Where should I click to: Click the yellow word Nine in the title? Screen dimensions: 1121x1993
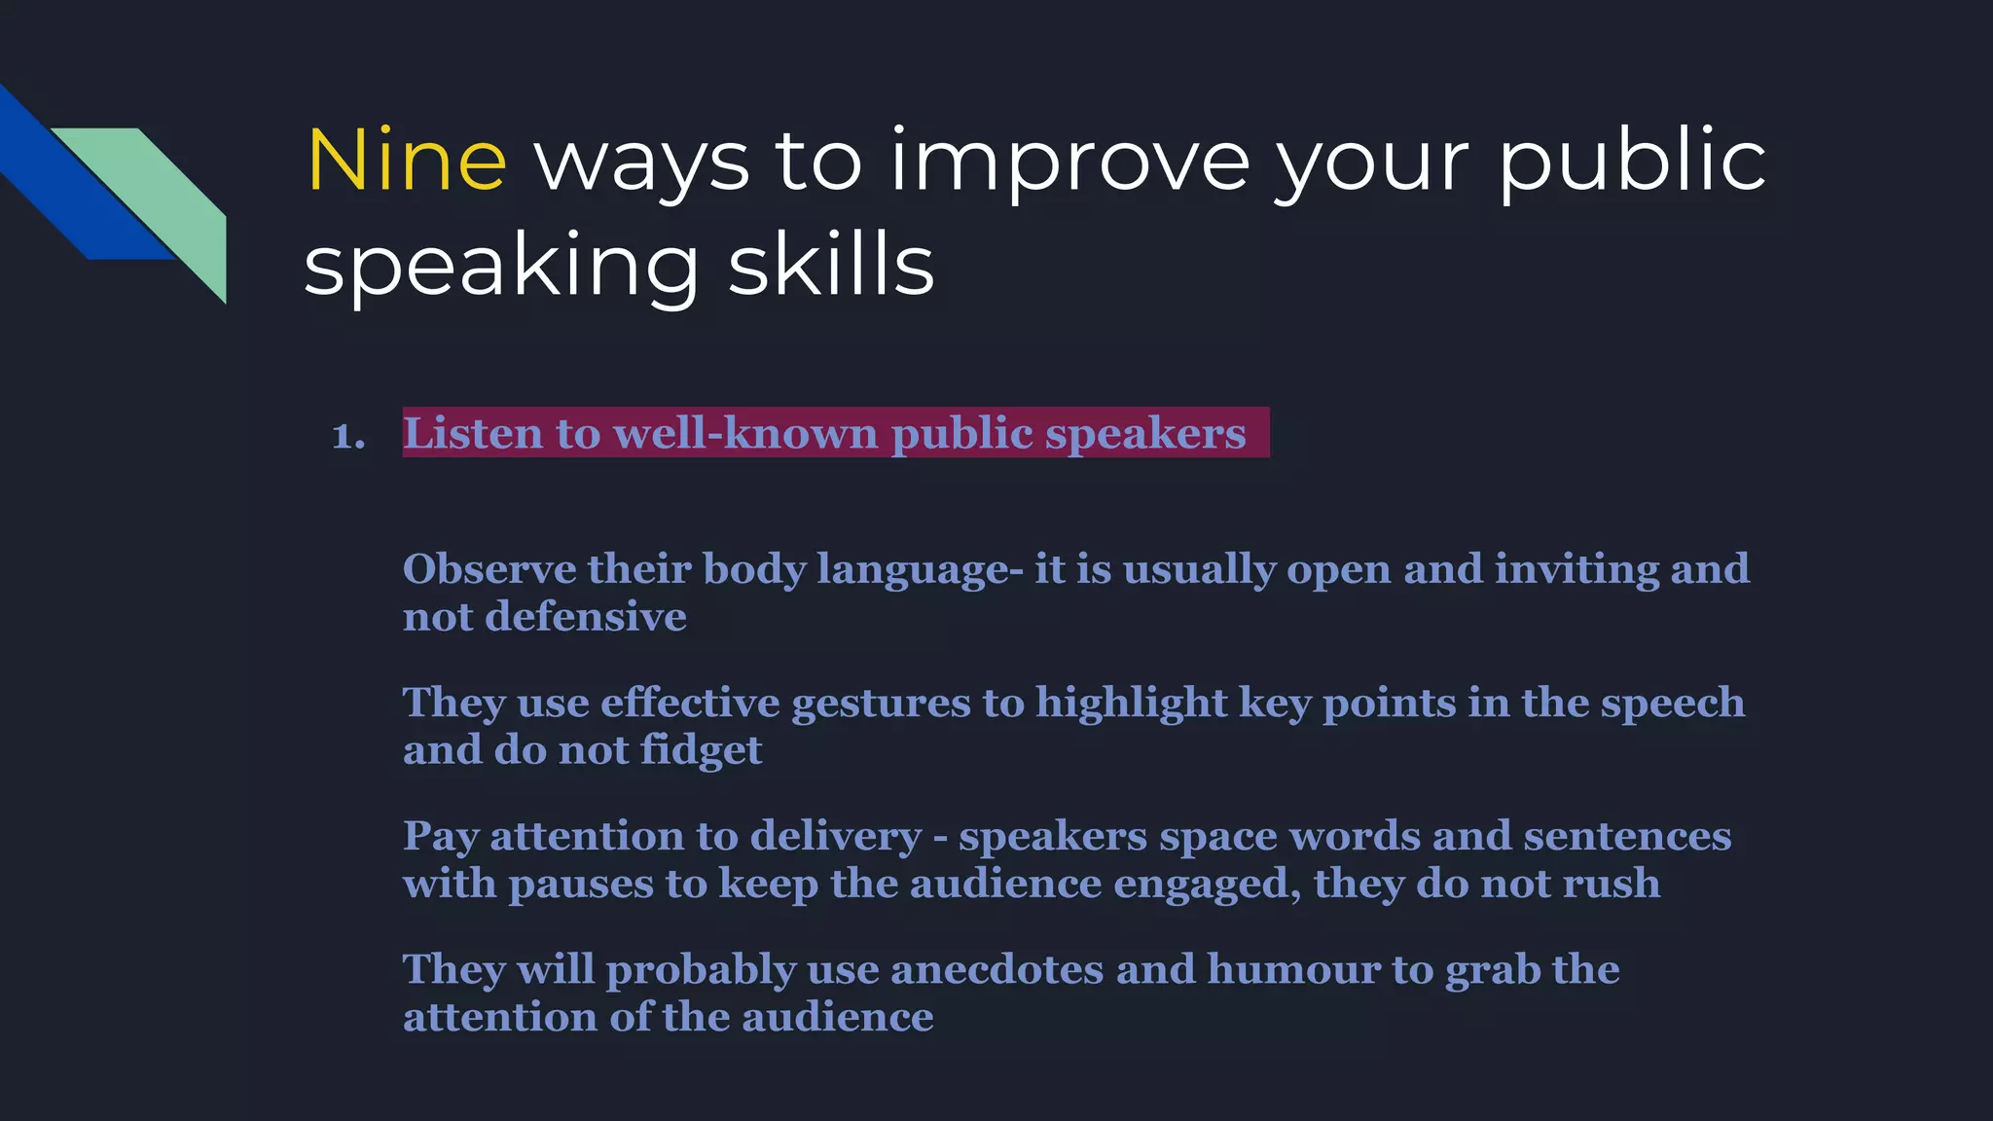(407, 161)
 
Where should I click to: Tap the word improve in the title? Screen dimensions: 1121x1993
(1069, 161)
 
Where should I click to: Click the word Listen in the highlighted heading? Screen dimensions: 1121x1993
(473, 433)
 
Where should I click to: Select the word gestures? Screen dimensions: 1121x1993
(881, 704)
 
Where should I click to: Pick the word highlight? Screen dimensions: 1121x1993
(1131, 704)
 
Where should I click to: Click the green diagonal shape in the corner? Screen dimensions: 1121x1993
(165, 195)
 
